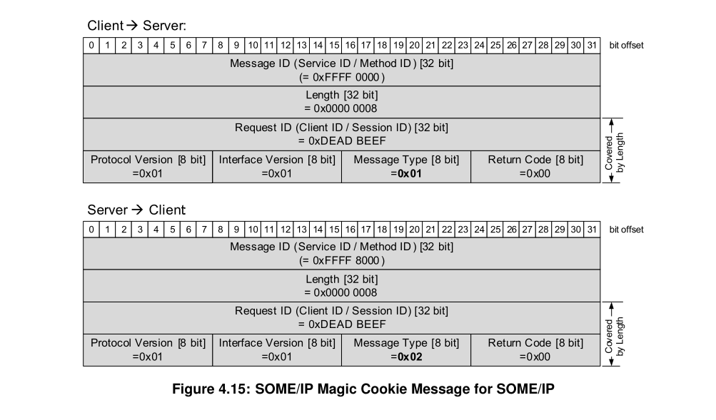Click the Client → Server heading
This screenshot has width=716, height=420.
click(x=136, y=26)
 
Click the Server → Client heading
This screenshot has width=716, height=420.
click(x=136, y=210)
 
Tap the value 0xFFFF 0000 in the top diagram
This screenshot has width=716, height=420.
click(x=341, y=77)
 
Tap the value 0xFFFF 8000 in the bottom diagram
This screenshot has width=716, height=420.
click(x=341, y=260)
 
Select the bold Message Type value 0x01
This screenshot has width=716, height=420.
click(x=405, y=173)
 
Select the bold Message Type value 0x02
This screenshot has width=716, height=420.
click(x=405, y=357)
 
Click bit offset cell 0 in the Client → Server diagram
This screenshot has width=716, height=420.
click(x=91, y=46)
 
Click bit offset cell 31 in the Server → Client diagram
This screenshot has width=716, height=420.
click(x=592, y=230)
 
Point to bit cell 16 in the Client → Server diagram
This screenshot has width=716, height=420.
click(x=350, y=46)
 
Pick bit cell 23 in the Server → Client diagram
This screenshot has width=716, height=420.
click(x=463, y=230)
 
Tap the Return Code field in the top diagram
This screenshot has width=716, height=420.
click(x=535, y=166)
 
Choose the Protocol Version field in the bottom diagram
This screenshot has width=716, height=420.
click(x=148, y=349)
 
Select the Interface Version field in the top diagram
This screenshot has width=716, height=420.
click(x=277, y=166)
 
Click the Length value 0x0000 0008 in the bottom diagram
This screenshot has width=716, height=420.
click(x=341, y=292)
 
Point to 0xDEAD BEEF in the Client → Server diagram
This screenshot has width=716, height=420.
click(x=341, y=140)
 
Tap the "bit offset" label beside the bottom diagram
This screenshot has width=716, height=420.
click(x=626, y=230)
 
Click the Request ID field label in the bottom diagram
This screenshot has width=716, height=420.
click(x=341, y=311)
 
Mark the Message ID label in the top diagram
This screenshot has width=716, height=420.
click(x=341, y=63)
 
